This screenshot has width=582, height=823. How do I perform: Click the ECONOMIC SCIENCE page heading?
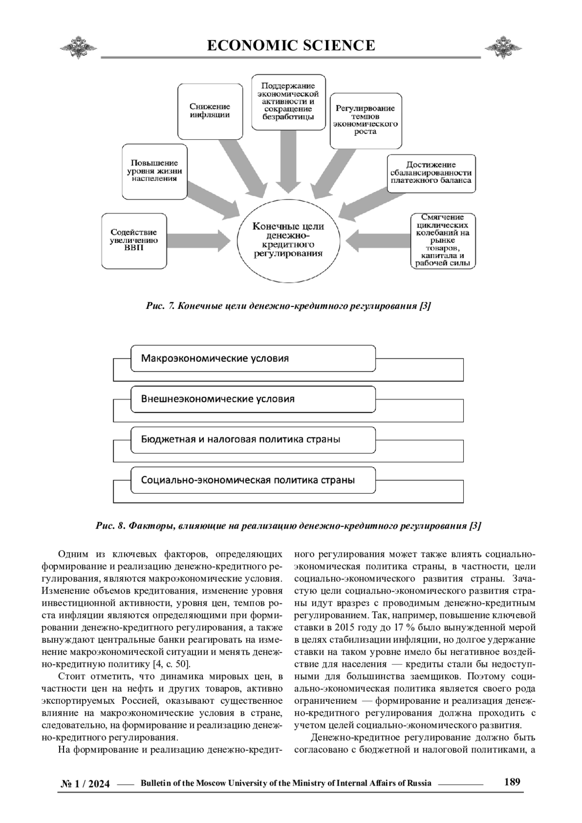[x=291, y=46]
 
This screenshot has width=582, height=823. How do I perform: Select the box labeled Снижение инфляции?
[x=210, y=111]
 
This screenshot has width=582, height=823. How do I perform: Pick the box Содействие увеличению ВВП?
[x=133, y=241]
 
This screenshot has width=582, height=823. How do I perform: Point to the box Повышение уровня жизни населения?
[x=154, y=171]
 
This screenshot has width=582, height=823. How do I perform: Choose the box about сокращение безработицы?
[x=288, y=102]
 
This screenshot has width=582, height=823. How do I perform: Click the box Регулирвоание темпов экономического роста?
[x=366, y=120]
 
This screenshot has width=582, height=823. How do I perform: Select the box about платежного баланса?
[x=431, y=173]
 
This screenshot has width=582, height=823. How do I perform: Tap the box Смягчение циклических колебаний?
[x=442, y=241]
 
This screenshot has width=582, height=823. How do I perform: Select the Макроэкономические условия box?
[x=253, y=358]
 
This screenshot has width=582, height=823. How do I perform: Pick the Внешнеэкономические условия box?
[x=253, y=399]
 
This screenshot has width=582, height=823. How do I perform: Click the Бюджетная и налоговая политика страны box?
[x=253, y=439]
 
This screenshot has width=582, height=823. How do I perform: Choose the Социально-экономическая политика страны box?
[x=253, y=480]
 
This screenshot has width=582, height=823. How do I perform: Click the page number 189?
[x=512, y=782]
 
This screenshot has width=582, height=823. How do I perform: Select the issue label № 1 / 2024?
[x=85, y=784]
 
